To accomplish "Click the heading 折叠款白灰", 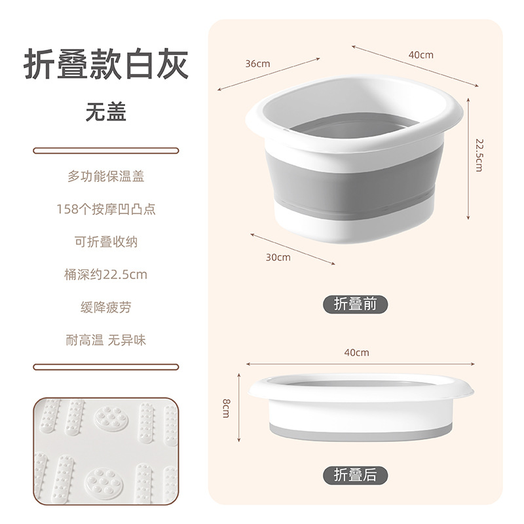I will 105,65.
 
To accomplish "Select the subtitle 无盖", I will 105,111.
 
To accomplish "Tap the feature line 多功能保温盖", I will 105,176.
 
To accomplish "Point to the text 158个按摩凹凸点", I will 105,209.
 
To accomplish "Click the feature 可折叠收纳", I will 105,242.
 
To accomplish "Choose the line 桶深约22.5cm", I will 105,274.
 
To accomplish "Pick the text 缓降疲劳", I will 105,307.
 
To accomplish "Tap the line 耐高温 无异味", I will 105,340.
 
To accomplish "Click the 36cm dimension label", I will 257,64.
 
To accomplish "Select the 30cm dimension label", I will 278,257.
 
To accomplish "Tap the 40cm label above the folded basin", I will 356,352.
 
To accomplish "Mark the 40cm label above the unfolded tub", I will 421,55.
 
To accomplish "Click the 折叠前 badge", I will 356,304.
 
